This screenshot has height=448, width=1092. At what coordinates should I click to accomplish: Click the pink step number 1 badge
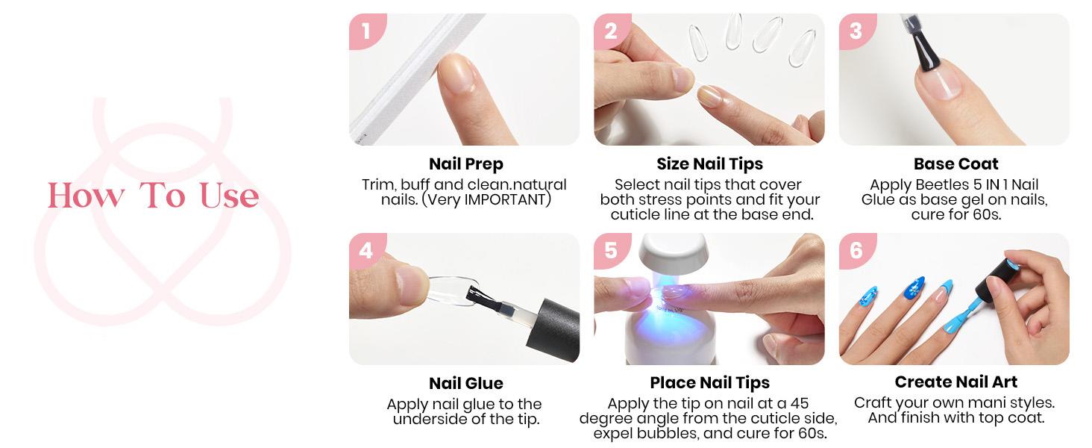(x=365, y=31)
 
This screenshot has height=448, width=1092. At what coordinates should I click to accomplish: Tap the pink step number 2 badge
(x=610, y=31)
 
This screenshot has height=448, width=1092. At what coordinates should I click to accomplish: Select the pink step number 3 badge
(x=856, y=31)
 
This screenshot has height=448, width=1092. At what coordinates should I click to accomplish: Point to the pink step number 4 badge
(x=365, y=250)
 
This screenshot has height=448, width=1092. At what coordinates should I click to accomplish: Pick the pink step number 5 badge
(x=610, y=250)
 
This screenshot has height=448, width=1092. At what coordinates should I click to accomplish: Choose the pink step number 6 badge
(x=856, y=250)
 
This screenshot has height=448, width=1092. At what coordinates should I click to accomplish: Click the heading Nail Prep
(x=465, y=164)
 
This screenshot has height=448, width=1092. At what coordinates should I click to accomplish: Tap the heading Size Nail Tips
(x=709, y=164)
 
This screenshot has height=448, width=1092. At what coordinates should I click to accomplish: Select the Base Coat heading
(x=956, y=164)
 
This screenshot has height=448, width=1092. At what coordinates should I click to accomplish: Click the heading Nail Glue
(x=465, y=384)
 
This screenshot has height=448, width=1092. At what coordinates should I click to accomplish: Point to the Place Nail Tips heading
(x=709, y=384)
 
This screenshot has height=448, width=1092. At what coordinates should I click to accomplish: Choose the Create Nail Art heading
(x=956, y=382)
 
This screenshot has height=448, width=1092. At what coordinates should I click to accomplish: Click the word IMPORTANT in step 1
(x=507, y=200)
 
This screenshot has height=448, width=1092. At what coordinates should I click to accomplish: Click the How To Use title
(x=154, y=196)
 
